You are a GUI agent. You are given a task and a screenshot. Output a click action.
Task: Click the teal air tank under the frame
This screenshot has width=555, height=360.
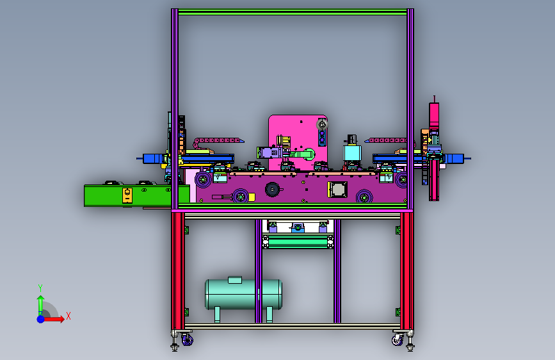(x=243, y=294)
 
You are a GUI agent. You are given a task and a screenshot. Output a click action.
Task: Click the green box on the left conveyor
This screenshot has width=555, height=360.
(x=136, y=195)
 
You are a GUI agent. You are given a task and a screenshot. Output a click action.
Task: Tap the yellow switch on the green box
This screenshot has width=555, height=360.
(x=127, y=195)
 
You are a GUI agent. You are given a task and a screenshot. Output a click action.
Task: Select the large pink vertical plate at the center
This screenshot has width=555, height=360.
(x=298, y=142)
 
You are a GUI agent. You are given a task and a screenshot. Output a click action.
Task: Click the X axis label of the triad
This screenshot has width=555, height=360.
(x=68, y=316)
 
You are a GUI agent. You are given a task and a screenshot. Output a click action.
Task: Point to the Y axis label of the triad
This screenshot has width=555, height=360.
(x=40, y=288)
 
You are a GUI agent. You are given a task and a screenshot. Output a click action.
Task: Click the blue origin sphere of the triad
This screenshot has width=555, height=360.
(x=41, y=319)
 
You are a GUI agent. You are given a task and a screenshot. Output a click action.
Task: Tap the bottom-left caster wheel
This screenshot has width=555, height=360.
(x=188, y=341)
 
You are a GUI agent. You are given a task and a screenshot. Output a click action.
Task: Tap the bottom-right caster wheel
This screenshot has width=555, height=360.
(x=398, y=341)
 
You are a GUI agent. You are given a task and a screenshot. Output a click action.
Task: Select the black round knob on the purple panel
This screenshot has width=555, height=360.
(x=272, y=190)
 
